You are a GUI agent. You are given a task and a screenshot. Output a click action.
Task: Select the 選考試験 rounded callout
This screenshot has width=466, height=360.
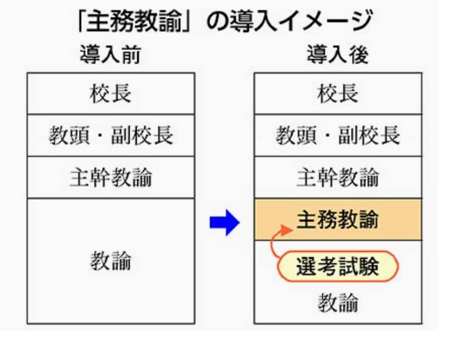coord(337,266)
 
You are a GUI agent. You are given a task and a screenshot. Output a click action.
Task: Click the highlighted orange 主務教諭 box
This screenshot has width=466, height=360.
coord(337,220)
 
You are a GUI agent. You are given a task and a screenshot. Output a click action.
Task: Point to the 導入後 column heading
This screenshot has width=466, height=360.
coord(337,56)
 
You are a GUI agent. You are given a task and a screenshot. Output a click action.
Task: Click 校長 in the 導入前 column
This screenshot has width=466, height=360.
coord(110,94)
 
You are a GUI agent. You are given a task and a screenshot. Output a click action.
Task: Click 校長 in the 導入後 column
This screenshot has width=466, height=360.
coord(337,94)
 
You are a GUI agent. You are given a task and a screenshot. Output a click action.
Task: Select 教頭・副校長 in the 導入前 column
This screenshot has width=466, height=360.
coord(110,136)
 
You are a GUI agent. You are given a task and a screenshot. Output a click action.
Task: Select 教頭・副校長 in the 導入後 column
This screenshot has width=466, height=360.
coord(337,136)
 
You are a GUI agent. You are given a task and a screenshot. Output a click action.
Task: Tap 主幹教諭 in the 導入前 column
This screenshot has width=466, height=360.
coord(110,178)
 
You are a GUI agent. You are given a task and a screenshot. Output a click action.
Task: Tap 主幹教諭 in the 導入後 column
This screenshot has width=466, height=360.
coord(337,178)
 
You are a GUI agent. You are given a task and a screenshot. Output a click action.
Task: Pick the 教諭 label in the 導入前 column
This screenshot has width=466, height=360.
coord(110,262)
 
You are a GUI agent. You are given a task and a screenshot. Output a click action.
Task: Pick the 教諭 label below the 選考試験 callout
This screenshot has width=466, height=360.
coord(337,302)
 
